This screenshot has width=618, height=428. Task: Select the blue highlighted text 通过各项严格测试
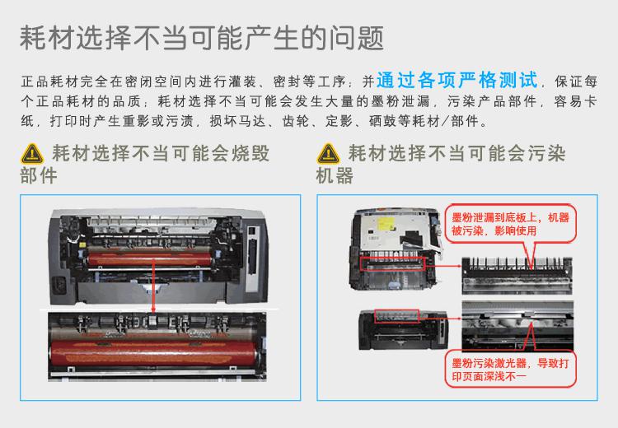(x=456, y=81)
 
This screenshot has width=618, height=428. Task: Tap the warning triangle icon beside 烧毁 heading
(x=31, y=154)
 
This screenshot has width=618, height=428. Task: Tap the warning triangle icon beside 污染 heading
(x=328, y=154)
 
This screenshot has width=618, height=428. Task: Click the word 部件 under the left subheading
(x=38, y=175)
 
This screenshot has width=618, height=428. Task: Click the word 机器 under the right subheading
(x=335, y=175)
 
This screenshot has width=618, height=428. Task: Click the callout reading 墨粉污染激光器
(x=508, y=368)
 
